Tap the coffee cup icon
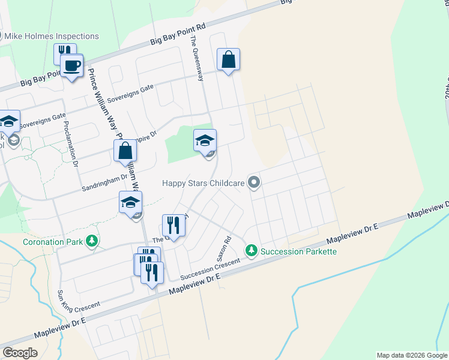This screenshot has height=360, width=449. [x=72, y=65]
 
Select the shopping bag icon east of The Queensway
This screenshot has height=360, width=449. [x=228, y=59]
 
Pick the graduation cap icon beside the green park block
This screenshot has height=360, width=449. [x=205, y=141]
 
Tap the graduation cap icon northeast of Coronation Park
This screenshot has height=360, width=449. [x=130, y=202]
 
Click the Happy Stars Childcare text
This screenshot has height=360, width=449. [x=204, y=182]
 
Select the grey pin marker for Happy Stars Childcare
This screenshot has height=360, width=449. [x=254, y=182]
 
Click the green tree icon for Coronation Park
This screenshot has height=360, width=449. [x=91, y=242]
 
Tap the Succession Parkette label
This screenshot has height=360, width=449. [x=299, y=251]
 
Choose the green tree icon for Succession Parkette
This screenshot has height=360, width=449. [x=253, y=250]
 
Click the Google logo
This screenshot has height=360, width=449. [x=20, y=352]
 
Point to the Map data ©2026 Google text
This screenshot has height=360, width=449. [x=412, y=355]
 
